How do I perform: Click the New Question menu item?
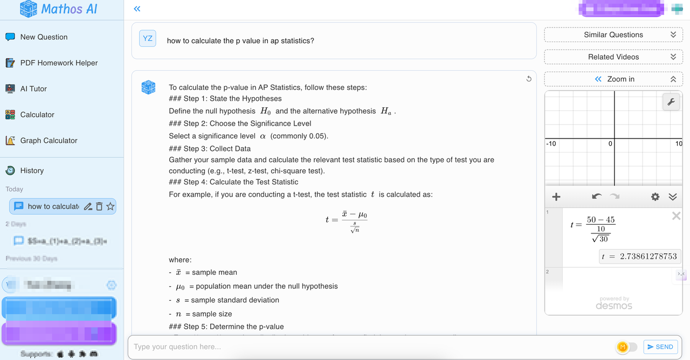(44, 37)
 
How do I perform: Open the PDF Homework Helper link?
(59, 63)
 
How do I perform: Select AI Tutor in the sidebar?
(33, 89)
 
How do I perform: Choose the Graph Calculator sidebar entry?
(49, 141)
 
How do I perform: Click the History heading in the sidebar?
(32, 171)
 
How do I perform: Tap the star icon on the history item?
(111, 206)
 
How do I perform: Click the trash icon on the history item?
(99, 206)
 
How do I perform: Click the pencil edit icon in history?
(88, 206)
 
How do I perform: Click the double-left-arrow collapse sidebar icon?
(137, 9)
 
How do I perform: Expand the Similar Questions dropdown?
(613, 34)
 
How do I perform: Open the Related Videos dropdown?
(613, 57)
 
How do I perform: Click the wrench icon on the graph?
(671, 102)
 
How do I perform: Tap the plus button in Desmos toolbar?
(556, 197)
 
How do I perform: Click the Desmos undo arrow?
(596, 197)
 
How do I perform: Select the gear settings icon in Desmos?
(655, 197)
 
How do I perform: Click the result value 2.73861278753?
(648, 257)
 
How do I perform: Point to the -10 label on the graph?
(551, 144)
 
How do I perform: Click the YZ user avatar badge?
(148, 38)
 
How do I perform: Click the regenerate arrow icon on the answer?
(529, 79)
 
